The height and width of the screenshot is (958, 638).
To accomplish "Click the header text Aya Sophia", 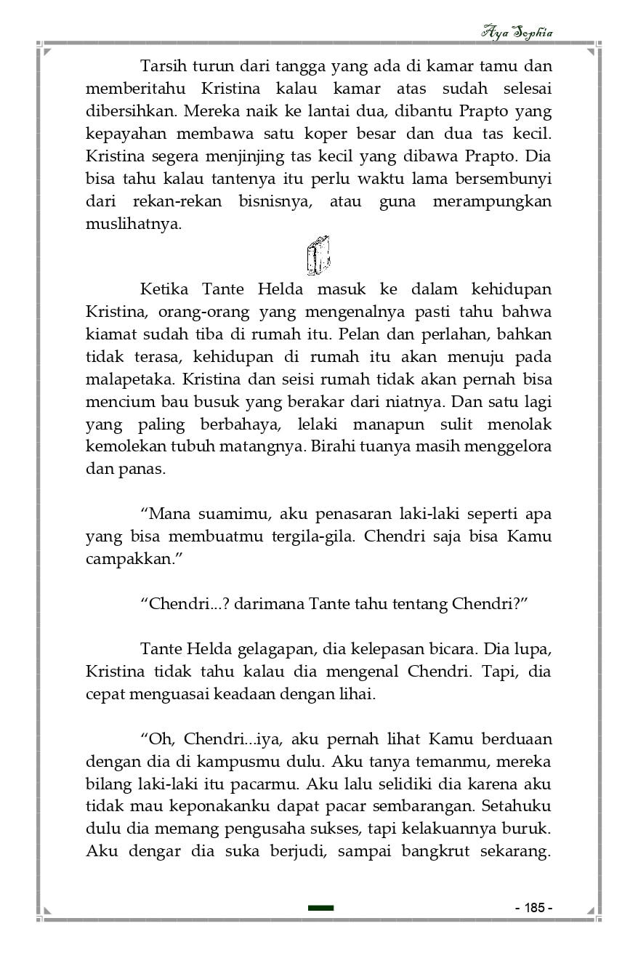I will tap(517, 33).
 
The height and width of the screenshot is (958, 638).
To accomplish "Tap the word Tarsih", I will tap(162, 66).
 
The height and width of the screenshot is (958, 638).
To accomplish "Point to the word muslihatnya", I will tap(133, 223).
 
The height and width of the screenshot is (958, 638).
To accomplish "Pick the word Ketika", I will tap(164, 289).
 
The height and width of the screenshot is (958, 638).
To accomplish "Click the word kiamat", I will tap(110, 334).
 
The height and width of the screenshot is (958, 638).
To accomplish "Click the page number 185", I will tap(534, 908).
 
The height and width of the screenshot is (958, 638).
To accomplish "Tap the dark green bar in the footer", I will tap(320, 908).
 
